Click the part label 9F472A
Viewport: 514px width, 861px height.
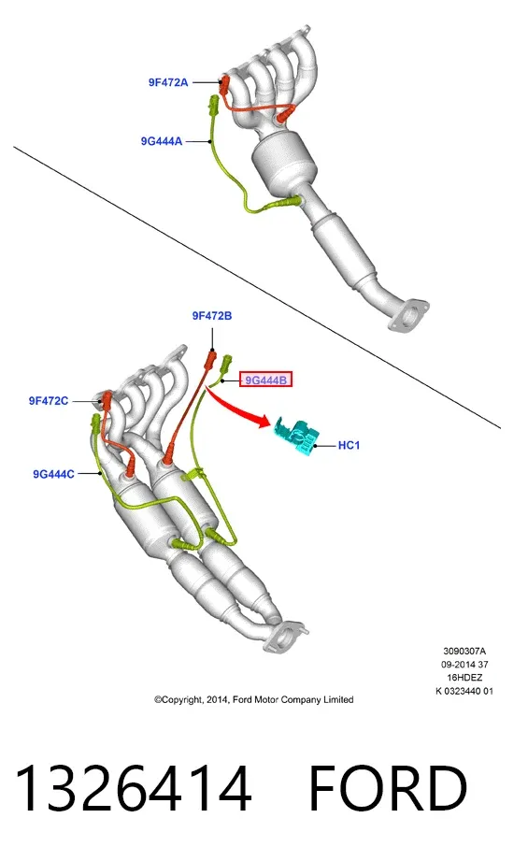168,82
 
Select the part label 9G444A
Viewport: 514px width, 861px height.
162,141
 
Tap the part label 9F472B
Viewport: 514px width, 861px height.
212,316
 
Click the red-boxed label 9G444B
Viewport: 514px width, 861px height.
265,380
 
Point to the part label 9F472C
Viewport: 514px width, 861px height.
49,401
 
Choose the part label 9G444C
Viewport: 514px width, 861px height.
53,474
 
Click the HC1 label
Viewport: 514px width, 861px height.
349,445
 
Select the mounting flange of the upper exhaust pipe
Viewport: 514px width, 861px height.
407,315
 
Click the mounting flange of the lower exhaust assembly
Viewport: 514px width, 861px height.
284,638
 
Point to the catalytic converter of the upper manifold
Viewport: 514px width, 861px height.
284,162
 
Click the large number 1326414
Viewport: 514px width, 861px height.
134,787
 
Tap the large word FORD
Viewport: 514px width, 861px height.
388,787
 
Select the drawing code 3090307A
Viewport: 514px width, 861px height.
464,652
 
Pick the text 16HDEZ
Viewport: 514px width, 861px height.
464,678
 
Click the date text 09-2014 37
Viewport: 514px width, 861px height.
464,665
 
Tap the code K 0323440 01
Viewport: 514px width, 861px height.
464,692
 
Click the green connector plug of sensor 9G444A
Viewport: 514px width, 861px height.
213,105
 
